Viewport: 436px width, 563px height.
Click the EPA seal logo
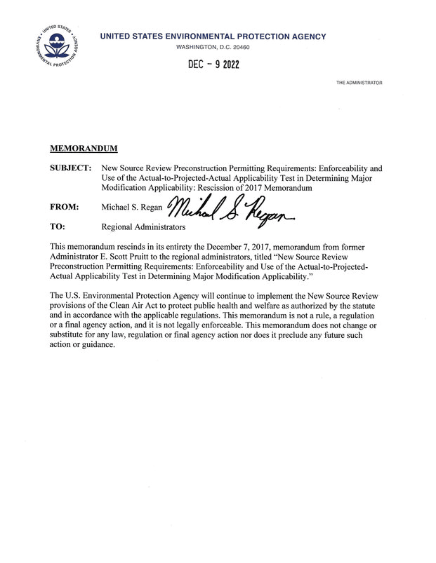pos(58,44)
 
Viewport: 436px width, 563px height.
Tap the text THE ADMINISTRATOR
pos(359,83)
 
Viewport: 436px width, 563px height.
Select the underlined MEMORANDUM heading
pos(84,149)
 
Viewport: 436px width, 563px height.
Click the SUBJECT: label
pos(71,169)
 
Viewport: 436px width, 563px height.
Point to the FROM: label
pos(65,208)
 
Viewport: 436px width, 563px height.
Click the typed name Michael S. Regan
pos(132,208)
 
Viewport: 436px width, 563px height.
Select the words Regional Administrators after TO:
pos(143,227)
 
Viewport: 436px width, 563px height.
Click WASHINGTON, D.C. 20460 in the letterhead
pos(213,47)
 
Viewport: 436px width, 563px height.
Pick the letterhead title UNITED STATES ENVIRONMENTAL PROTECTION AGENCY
pos(213,36)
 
